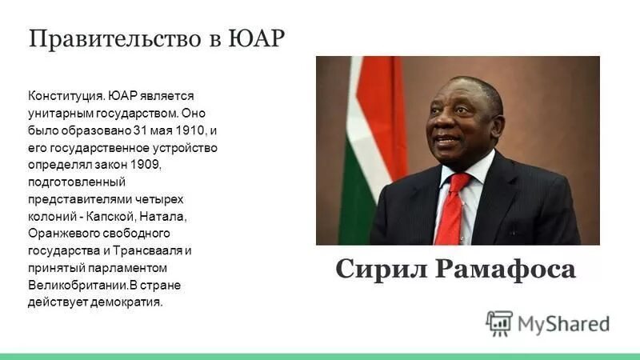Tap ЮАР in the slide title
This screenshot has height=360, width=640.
tap(256, 38)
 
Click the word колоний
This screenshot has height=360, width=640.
tap(50, 216)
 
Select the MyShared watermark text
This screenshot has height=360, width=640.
tap(563, 323)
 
